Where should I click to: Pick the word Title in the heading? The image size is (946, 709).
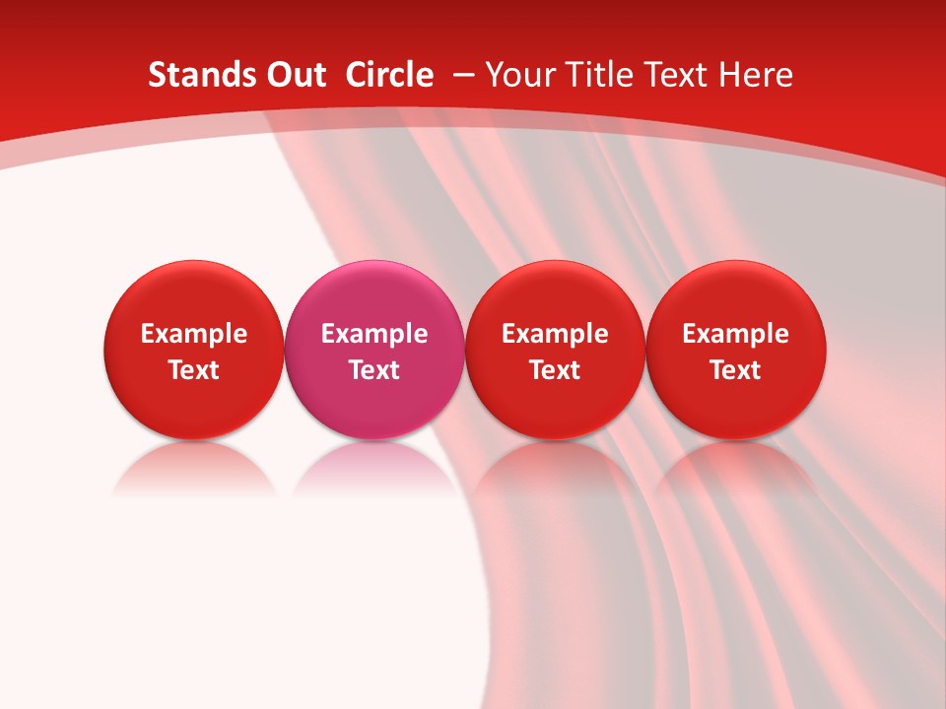[x=600, y=75]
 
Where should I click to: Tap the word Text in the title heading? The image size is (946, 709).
[x=681, y=75]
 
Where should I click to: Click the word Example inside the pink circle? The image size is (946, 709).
[x=374, y=334]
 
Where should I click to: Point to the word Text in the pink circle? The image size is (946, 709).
[x=374, y=370]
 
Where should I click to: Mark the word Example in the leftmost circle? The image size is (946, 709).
[x=193, y=334]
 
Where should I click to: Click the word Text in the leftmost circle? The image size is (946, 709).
[x=193, y=370]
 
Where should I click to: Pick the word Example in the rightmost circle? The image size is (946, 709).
[x=736, y=334]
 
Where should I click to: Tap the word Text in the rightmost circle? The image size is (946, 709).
[x=736, y=370]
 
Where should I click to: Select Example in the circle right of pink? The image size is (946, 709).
[x=555, y=334]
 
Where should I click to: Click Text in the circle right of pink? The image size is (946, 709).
[x=555, y=370]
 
